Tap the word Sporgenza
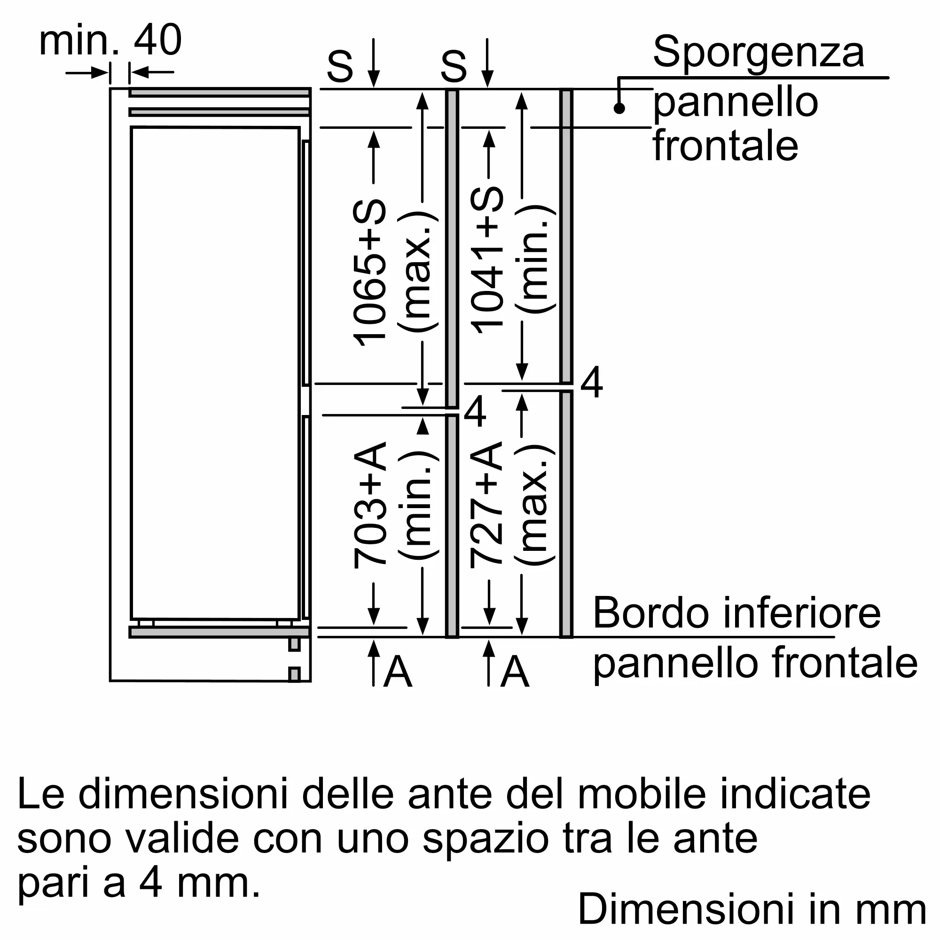(759, 53)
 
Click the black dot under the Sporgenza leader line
(619, 108)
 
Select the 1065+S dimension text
(369, 273)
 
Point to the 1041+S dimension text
(487, 260)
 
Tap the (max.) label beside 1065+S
(418, 273)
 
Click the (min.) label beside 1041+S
(535, 260)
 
